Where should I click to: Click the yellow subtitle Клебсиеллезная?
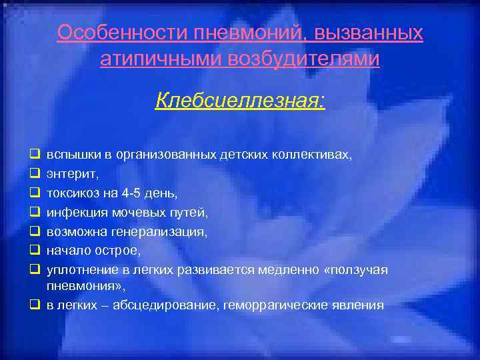click(x=240, y=101)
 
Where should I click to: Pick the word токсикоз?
click(x=73, y=193)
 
